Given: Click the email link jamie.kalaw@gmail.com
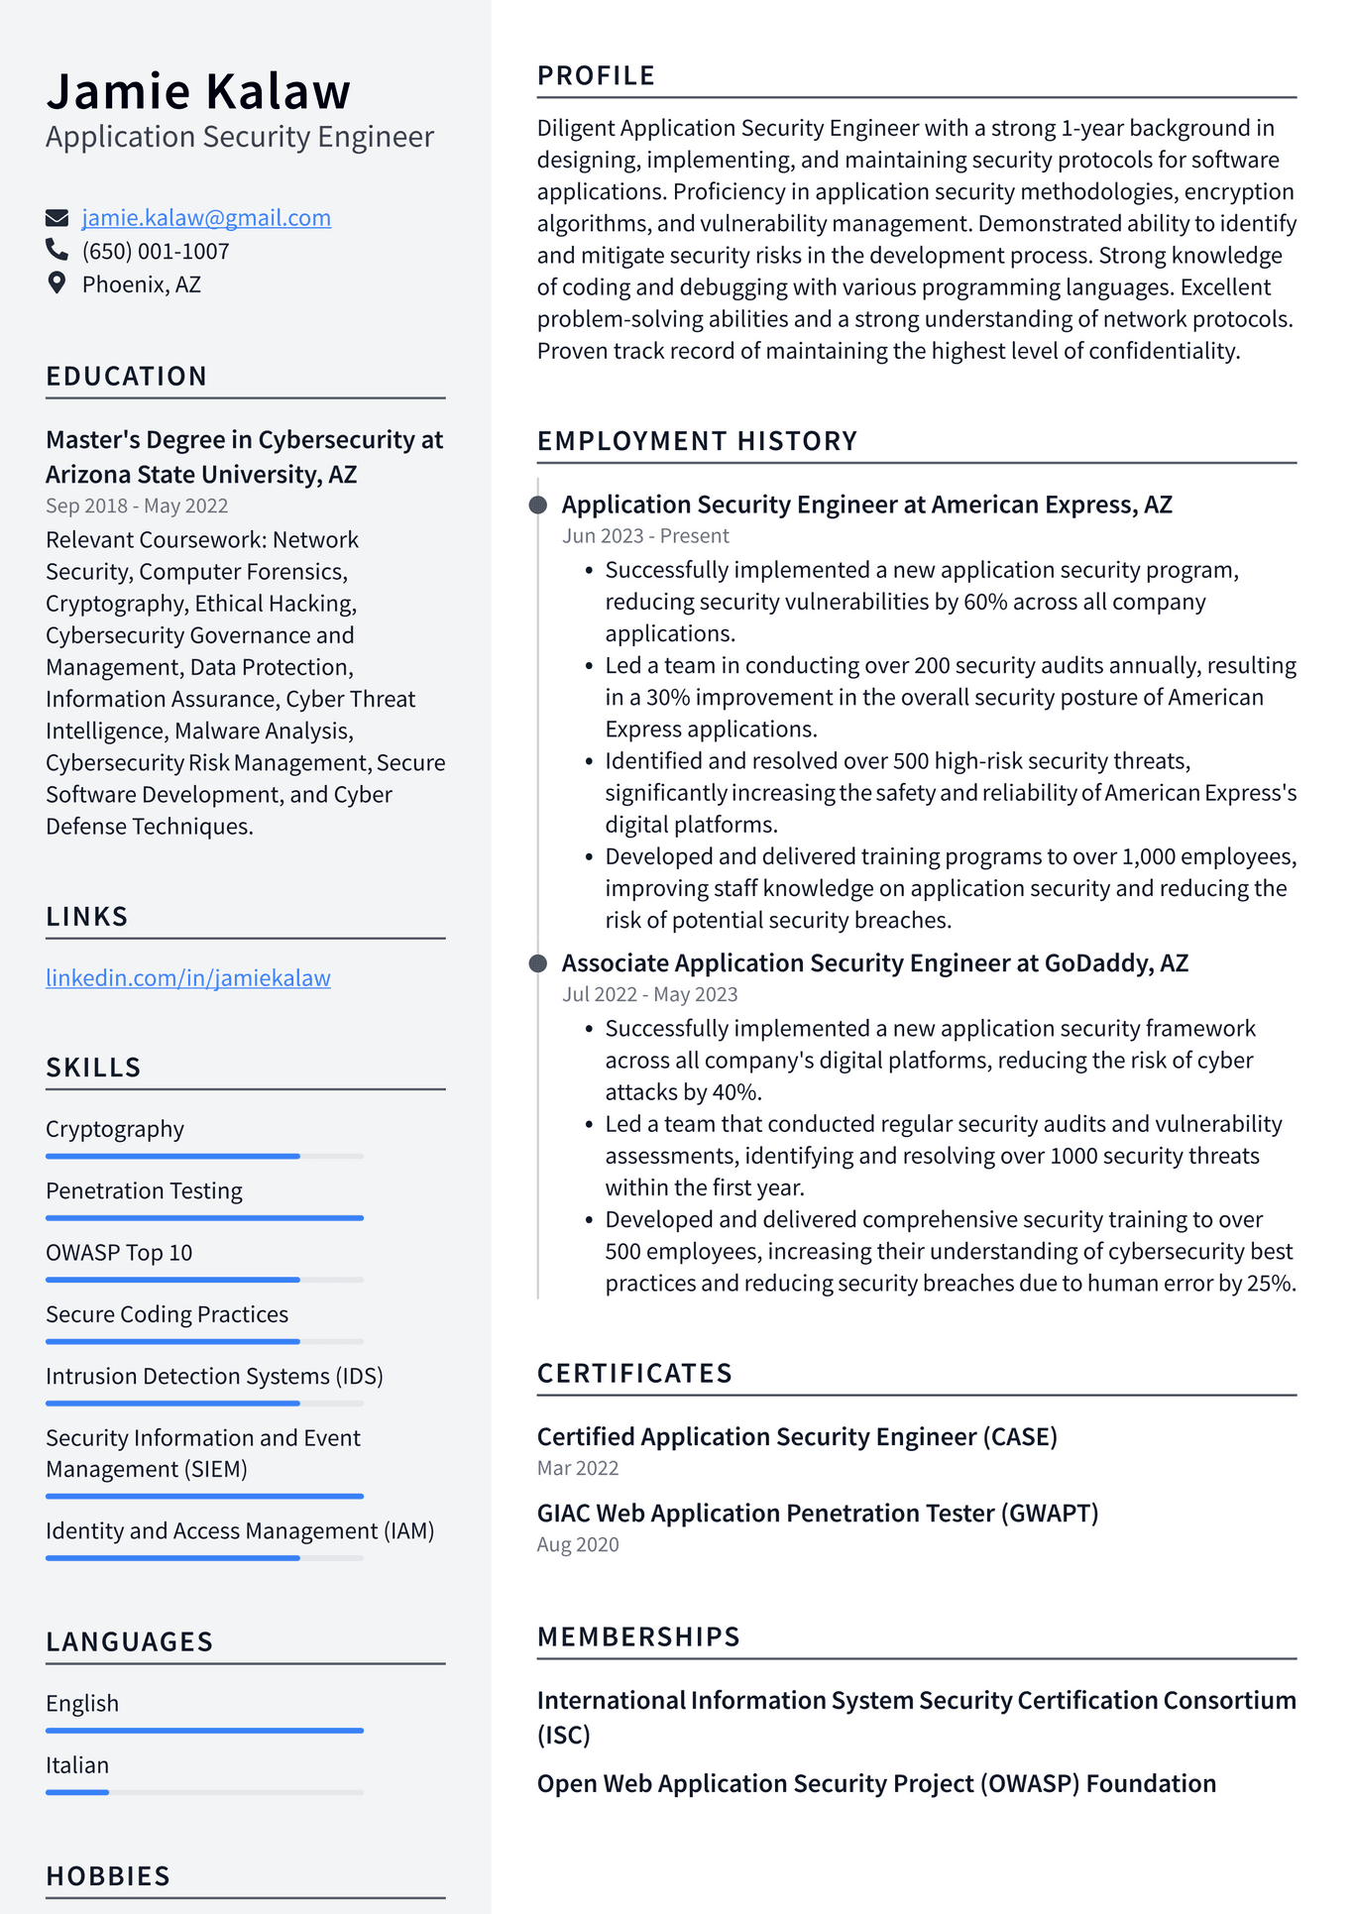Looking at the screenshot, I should [x=206, y=218].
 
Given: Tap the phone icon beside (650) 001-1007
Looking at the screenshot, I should [x=56, y=250].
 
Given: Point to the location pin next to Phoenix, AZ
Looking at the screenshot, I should [x=56, y=283].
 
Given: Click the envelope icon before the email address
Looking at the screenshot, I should [x=56, y=218].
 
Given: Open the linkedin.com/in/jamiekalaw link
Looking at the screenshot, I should [x=188, y=978].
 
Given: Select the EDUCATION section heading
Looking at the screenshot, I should [x=127, y=377].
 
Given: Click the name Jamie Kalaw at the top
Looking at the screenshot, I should [x=198, y=91].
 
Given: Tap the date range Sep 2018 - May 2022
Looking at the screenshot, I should [x=137, y=506].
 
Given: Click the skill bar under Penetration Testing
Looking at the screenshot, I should [x=204, y=1217].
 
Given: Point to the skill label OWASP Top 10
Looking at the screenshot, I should [x=119, y=1253].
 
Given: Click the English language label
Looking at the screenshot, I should [x=82, y=1704].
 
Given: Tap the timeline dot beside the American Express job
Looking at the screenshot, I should [x=538, y=506].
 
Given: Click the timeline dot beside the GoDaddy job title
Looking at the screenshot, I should [x=538, y=963].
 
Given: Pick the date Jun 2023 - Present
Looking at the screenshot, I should [x=645, y=536].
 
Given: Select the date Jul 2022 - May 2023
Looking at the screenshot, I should [x=650, y=994].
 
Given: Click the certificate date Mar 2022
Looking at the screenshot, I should [x=578, y=1468].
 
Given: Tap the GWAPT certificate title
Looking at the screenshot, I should [x=818, y=1514].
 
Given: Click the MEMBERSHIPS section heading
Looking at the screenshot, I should [x=638, y=1636].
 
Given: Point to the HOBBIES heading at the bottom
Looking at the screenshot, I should [x=108, y=1876].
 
